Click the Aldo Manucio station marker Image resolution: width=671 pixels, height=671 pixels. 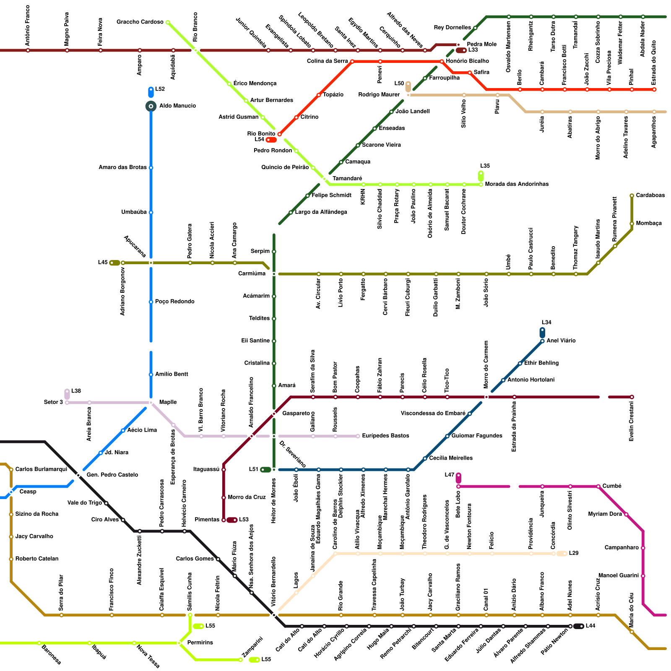pos(151,106)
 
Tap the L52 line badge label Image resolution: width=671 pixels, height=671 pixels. pos(160,89)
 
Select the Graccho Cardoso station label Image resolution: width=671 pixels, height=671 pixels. pos(140,22)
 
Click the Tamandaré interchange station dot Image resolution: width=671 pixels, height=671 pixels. pos(324,179)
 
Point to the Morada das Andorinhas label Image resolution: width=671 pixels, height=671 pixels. pos(517,184)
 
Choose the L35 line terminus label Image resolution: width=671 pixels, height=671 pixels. pos(485,166)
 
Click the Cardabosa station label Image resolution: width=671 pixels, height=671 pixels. pos(650,195)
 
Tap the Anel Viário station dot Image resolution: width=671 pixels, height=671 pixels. pos(542,341)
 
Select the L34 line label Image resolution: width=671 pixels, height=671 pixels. pos(546,322)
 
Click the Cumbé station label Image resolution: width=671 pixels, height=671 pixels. pos(612,486)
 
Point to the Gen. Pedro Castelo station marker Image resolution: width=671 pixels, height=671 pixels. pos(78,475)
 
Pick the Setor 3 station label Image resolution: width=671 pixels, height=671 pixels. pos(53,402)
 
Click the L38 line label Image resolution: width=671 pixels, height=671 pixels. pos(76,391)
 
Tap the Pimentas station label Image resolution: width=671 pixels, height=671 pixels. pos(207,520)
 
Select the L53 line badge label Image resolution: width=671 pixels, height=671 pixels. pos(244,520)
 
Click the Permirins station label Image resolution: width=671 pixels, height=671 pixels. pos(200,642)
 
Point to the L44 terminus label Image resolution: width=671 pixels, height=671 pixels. pos(590,626)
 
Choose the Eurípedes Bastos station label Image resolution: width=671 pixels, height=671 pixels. pos(385,436)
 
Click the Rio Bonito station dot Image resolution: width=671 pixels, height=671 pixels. pos(279,134)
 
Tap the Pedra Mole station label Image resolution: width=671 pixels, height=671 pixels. pos(481,44)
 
